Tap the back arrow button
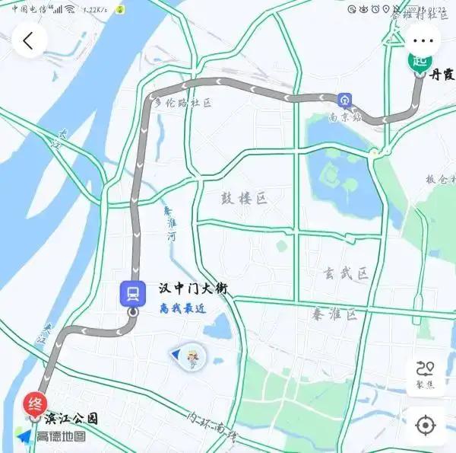[29, 40]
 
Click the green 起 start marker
[420, 61]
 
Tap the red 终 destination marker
[35, 403]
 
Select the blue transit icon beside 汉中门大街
[132, 292]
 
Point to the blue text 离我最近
[183, 308]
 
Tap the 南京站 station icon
[345, 100]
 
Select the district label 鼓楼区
[245, 199]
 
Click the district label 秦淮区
[334, 313]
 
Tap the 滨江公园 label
[71, 419]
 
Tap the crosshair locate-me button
[425, 424]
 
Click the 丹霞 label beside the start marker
[442, 75]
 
